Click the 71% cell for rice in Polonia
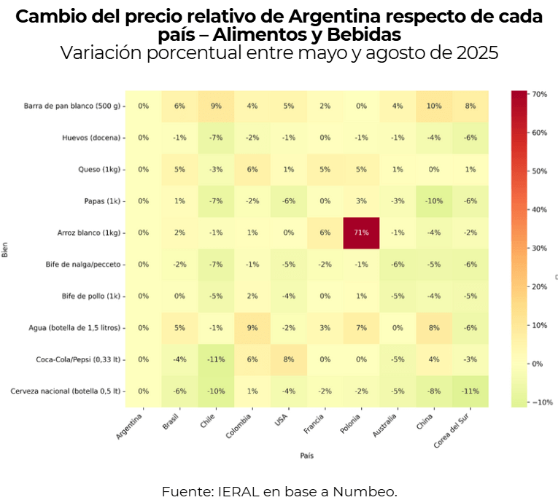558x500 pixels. (x=362, y=233)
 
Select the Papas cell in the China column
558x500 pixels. (x=435, y=201)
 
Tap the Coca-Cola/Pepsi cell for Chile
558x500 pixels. (x=216, y=359)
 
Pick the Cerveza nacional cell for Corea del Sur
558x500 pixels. (x=470, y=391)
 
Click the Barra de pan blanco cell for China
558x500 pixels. (x=435, y=106)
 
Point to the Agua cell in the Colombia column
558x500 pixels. (x=252, y=328)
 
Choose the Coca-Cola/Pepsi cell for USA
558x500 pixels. (x=289, y=359)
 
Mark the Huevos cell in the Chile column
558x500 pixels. (x=216, y=138)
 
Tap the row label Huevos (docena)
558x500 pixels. (x=90, y=138)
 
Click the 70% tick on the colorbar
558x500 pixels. (x=540, y=94)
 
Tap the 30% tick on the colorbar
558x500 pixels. (x=540, y=248)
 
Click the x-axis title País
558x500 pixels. (x=306, y=456)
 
